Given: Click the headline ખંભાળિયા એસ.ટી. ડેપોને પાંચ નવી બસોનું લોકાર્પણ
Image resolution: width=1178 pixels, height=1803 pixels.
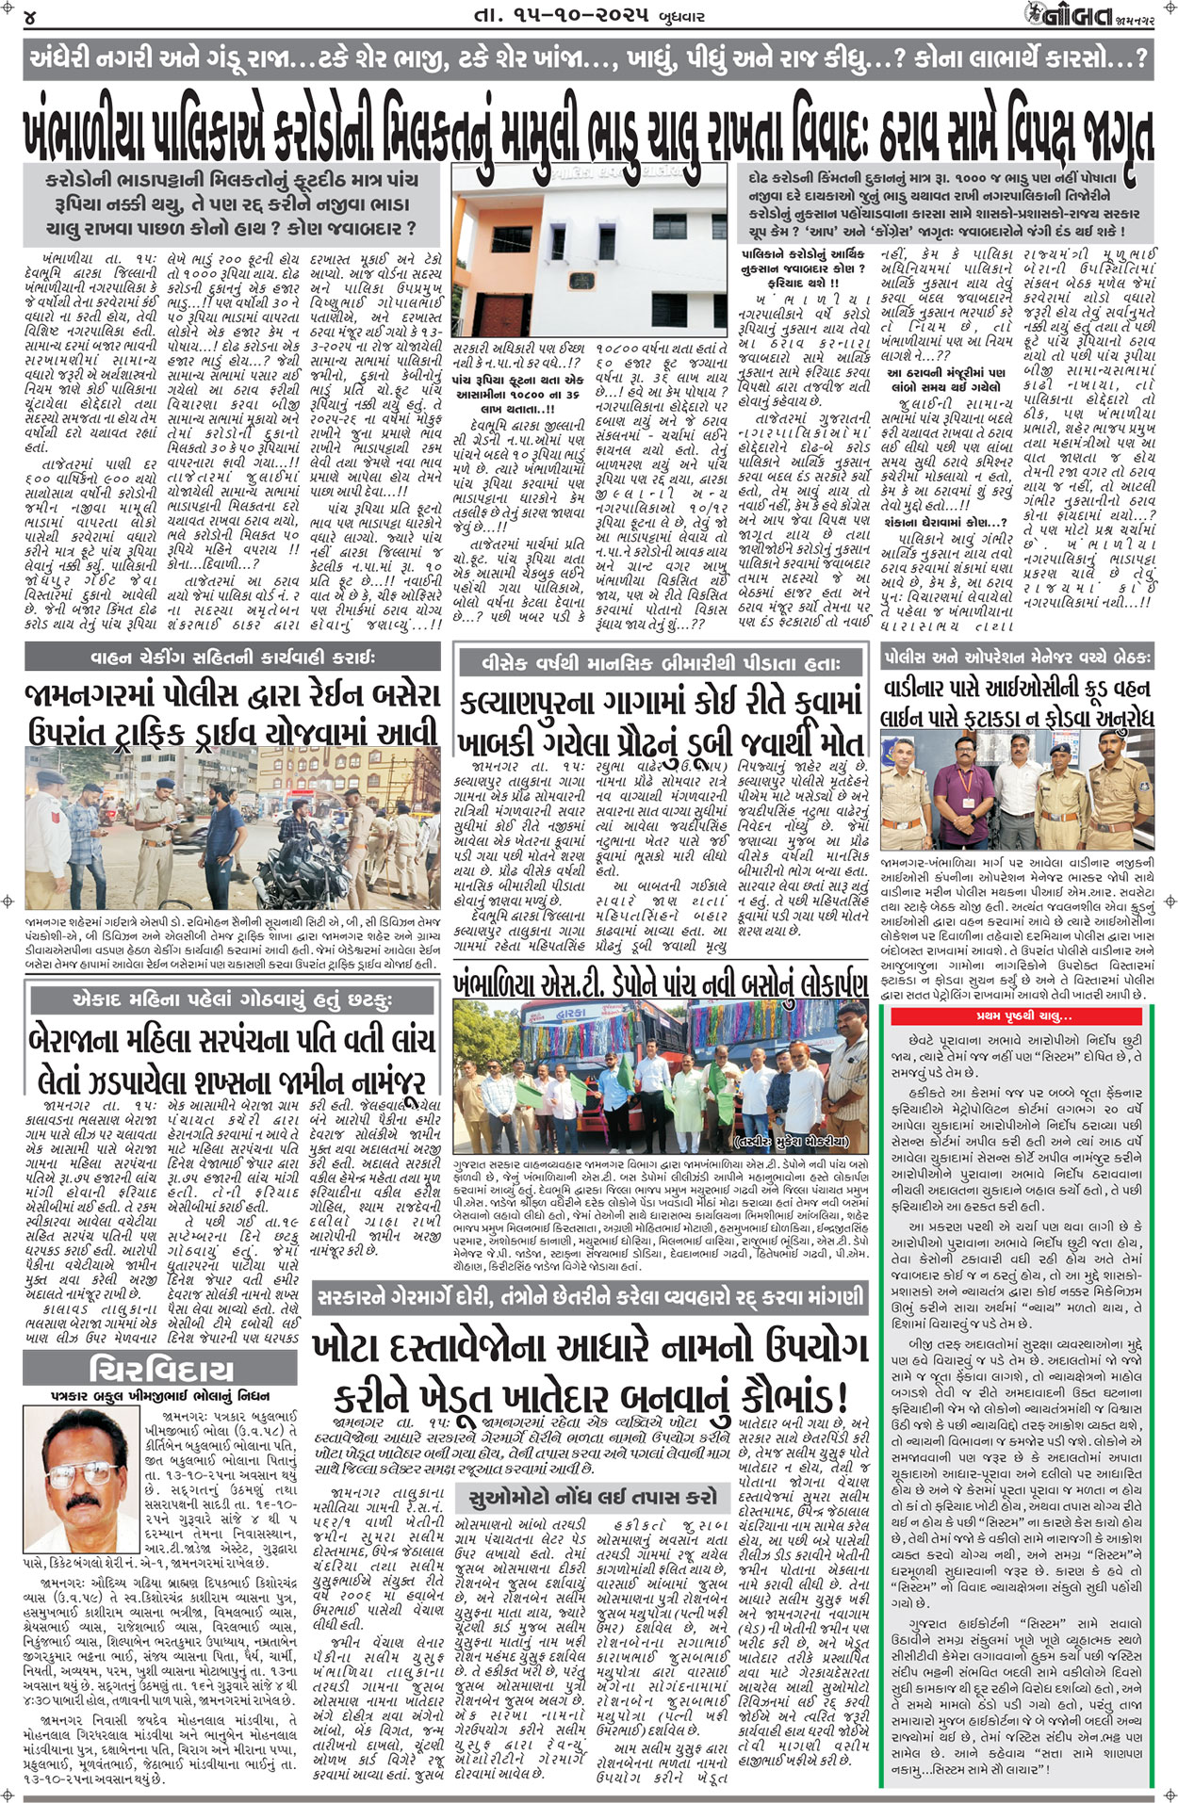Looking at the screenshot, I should point(661,983).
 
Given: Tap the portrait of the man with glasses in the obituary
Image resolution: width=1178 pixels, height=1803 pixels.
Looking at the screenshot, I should point(93,1469).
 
